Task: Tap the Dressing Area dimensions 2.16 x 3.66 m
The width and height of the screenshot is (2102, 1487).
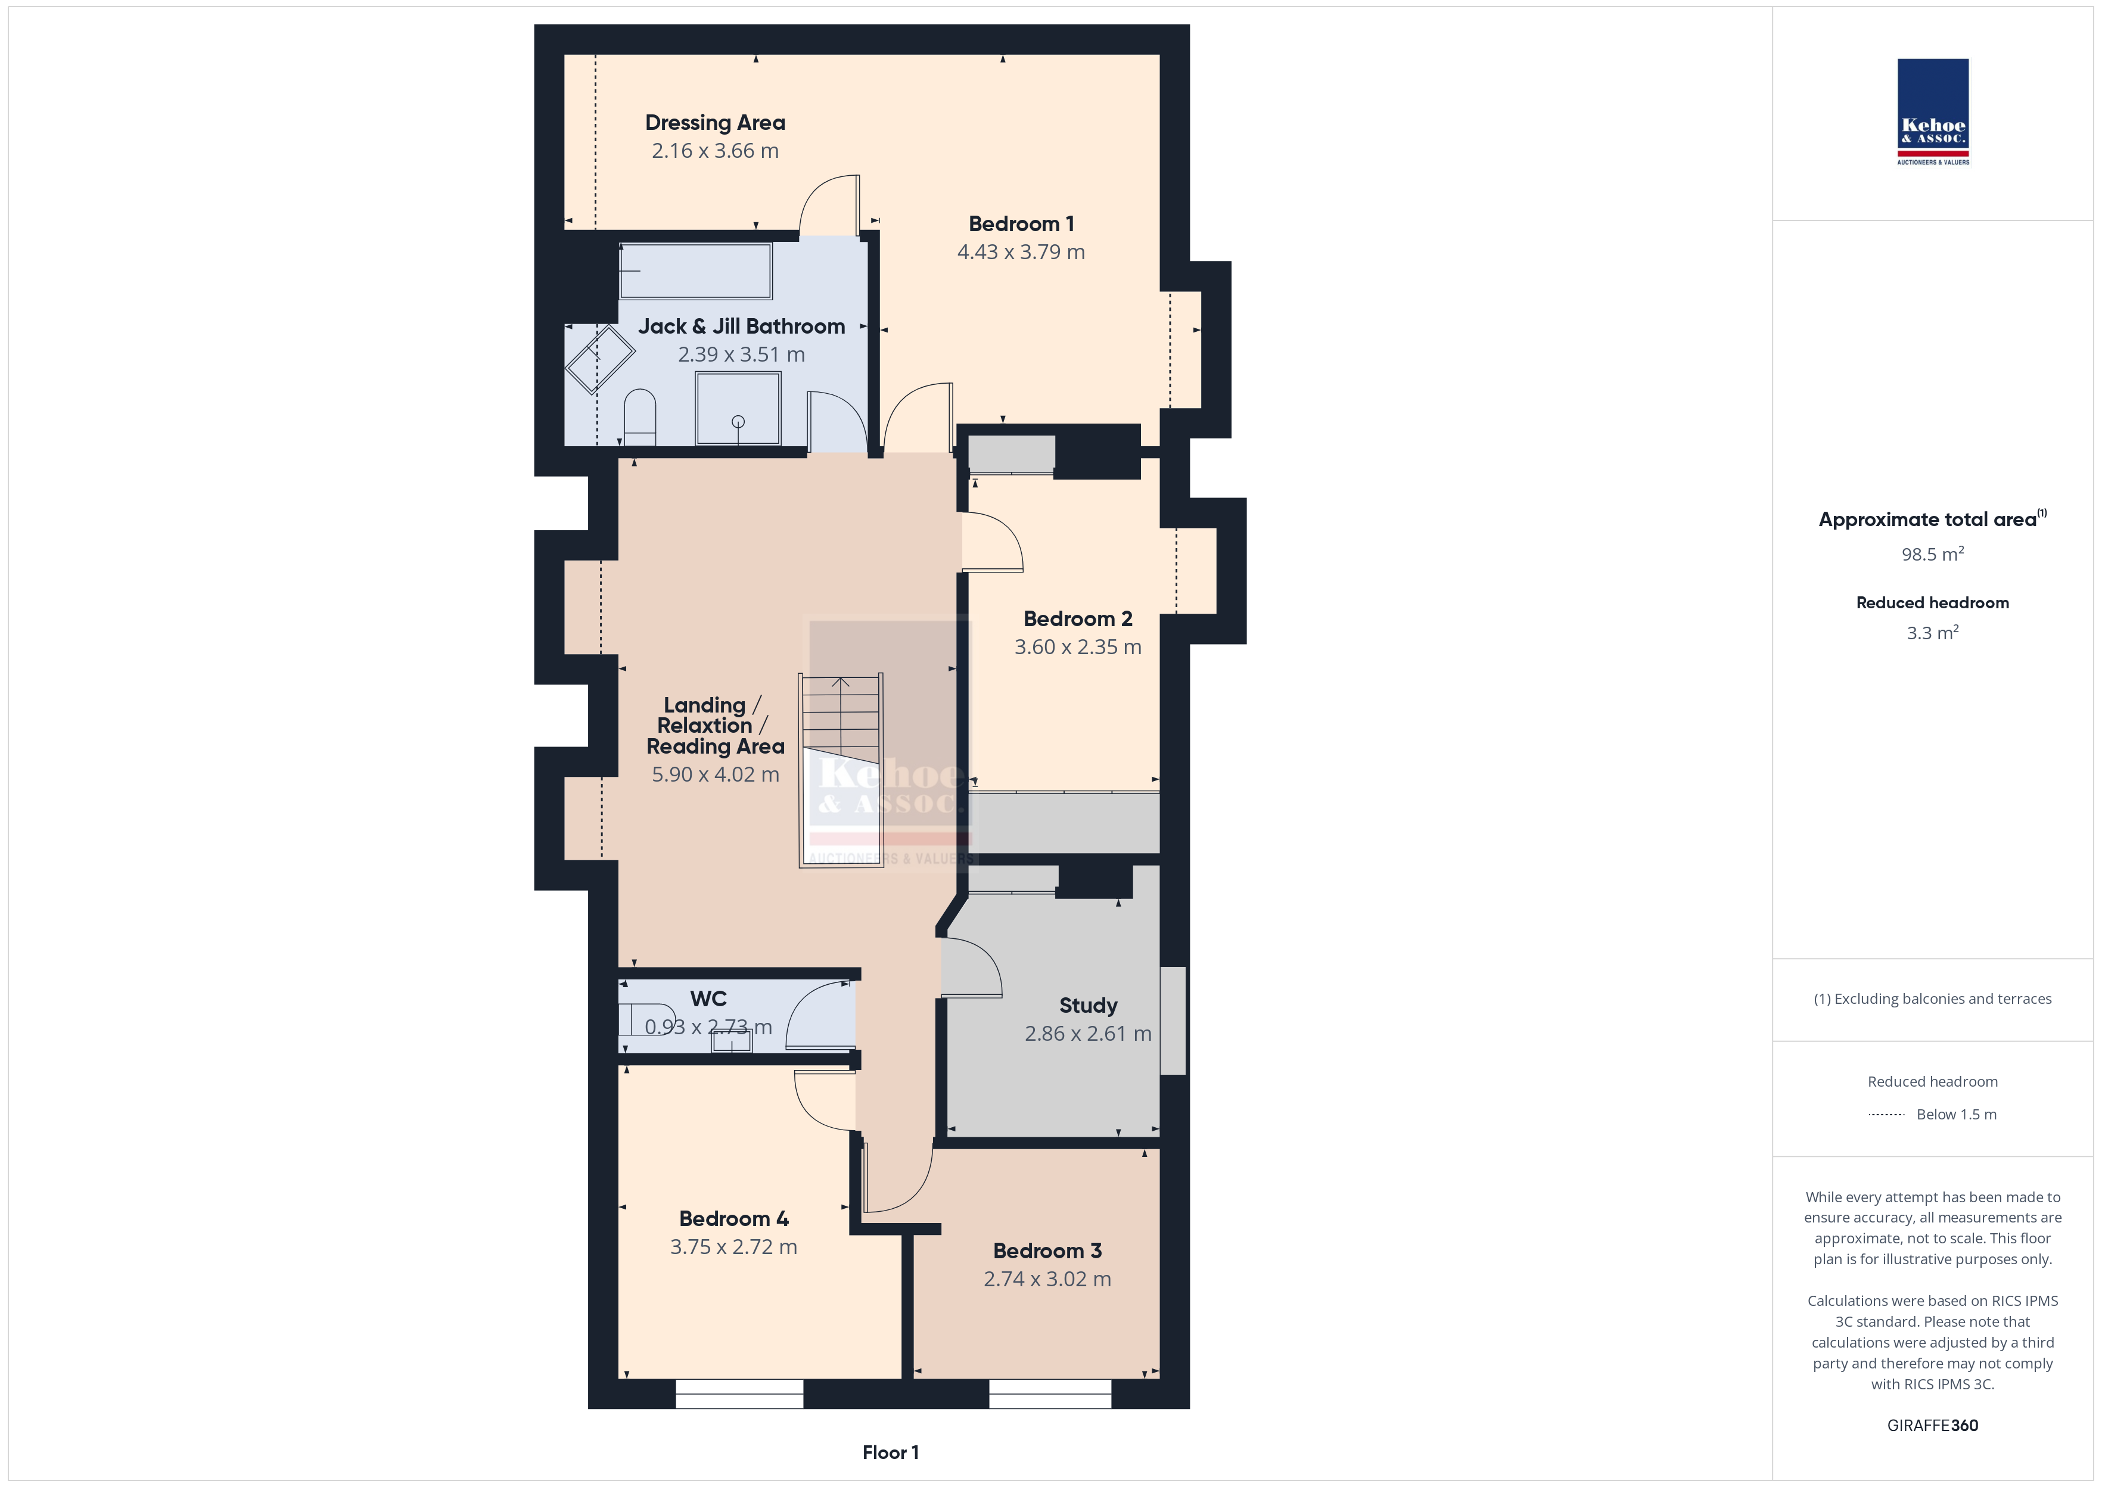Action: click(x=715, y=151)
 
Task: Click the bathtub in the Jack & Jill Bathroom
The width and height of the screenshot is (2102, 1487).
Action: click(x=696, y=271)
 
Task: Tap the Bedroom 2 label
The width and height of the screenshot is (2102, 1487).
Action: click(x=1078, y=619)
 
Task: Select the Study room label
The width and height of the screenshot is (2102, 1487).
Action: click(x=1087, y=1006)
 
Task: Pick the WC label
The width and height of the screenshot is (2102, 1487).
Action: click(x=708, y=999)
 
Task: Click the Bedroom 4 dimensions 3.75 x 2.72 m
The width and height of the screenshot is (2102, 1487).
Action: click(x=733, y=1247)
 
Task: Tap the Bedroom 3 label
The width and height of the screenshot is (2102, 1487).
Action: click(x=1047, y=1250)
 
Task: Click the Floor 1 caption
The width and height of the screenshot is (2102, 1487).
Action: click(x=890, y=1452)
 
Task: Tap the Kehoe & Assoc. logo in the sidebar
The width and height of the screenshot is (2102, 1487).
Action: click(x=1933, y=112)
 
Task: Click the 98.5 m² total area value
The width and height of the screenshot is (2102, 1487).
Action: click(x=1933, y=554)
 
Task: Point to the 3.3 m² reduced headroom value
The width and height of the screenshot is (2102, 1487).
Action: click(x=1933, y=633)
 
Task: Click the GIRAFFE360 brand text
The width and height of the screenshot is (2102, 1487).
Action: click(x=1933, y=1426)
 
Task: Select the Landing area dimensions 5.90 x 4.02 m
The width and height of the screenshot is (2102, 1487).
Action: click(x=715, y=774)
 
